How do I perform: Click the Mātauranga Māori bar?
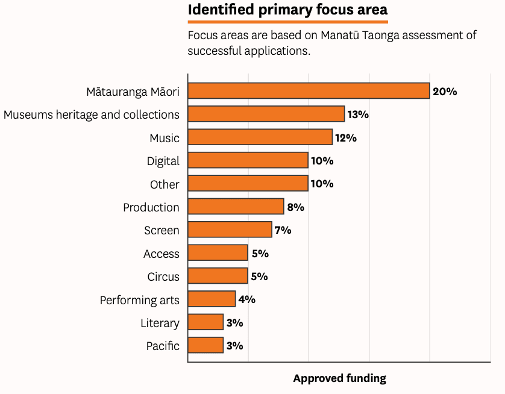(309, 91)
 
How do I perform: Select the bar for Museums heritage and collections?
(266, 114)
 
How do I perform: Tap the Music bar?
(260, 137)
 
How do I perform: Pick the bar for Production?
(236, 206)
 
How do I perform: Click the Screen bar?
(230, 230)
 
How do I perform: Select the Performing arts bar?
(212, 299)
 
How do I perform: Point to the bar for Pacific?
(206, 345)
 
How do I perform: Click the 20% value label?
(445, 92)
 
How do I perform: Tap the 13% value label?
(358, 114)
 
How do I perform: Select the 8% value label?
(296, 207)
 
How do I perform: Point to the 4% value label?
(247, 299)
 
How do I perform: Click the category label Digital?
(163, 161)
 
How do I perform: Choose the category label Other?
(165, 184)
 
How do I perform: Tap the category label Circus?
(163, 277)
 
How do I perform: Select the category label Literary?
(160, 323)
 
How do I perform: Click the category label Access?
(162, 254)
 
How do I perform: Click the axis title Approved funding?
(340, 378)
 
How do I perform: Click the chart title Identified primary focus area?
(287, 10)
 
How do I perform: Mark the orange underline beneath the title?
(288, 22)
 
